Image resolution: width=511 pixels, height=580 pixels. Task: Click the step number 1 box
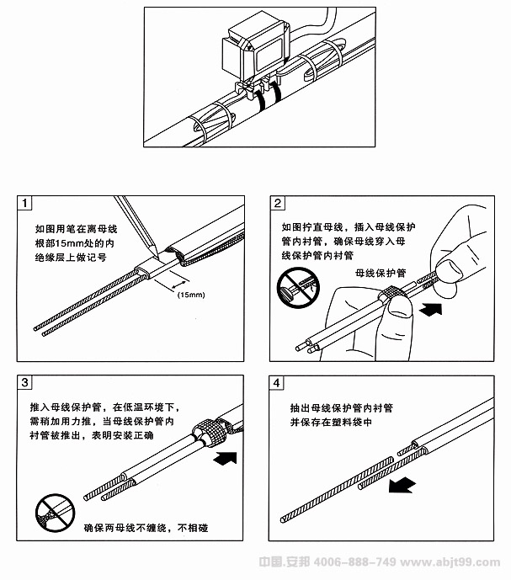pos(27,204)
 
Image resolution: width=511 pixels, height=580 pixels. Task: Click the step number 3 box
pos(27,383)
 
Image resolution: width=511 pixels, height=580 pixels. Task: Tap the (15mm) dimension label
pos(191,294)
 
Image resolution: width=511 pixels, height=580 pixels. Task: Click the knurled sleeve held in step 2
pos(389,299)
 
